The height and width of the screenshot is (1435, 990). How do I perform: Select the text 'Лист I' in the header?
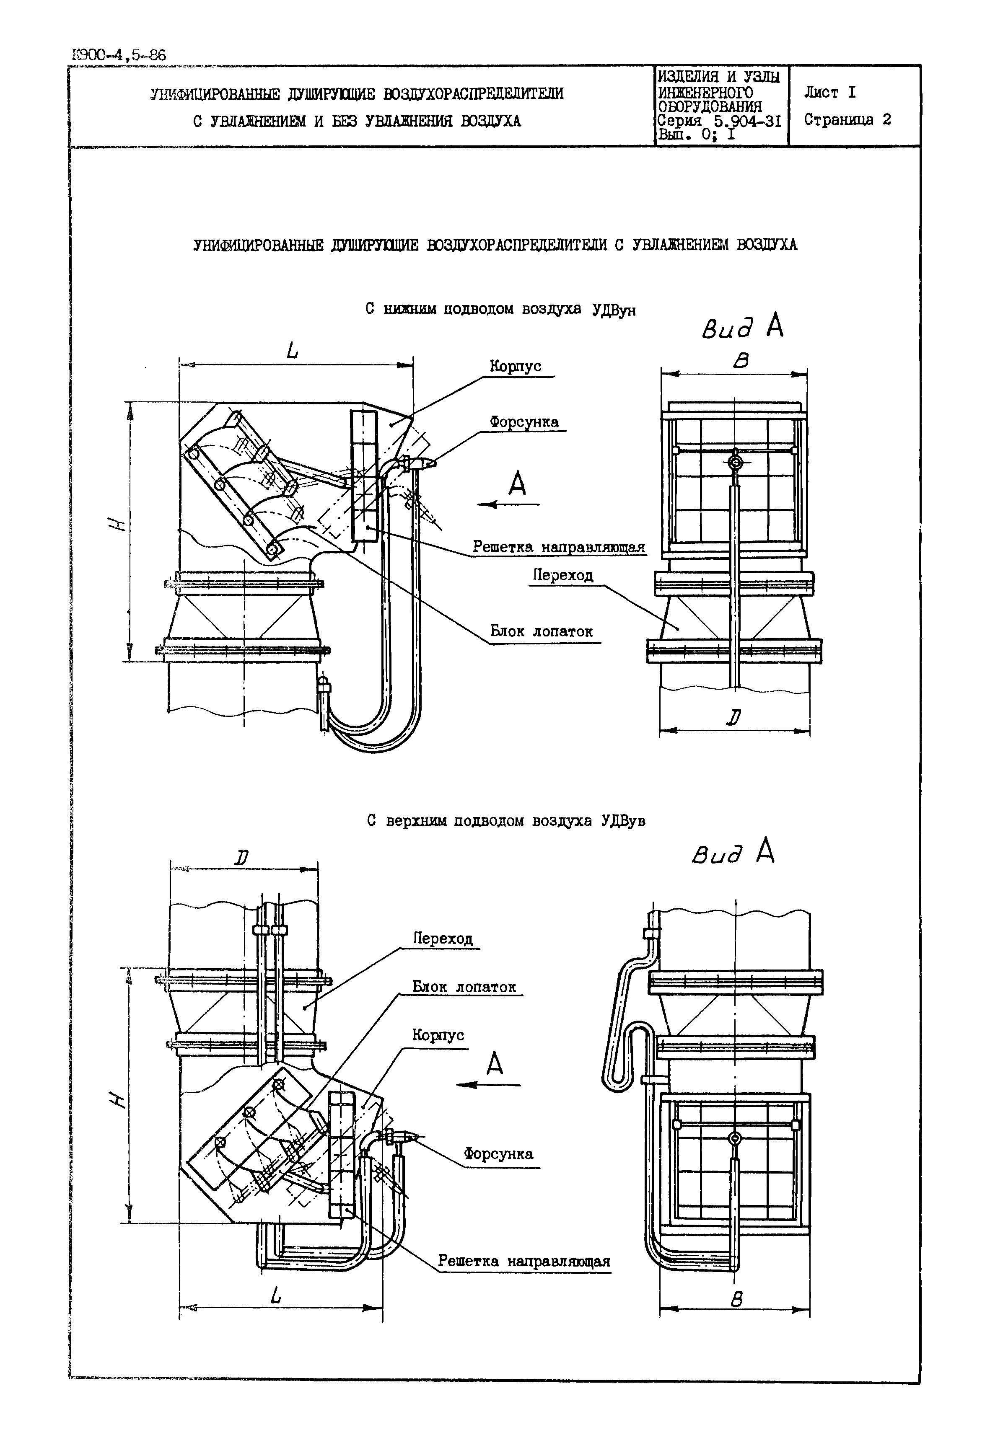click(x=829, y=93)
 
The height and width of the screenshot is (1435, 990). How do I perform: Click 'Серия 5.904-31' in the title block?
click(x=718, y=122)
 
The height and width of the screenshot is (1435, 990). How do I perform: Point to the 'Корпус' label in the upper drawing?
click(x=516, y=367)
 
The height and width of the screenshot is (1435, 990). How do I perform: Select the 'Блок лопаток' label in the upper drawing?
click(x=542, y=632)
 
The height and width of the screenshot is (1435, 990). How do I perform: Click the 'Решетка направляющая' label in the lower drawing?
click(x=524, y=1262)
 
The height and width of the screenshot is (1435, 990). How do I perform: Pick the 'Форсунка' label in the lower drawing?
click(x=498, y=1154)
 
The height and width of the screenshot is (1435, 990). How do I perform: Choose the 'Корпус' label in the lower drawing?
click(x=438, y=1035)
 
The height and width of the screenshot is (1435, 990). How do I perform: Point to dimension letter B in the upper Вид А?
click(x=741, y=361)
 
